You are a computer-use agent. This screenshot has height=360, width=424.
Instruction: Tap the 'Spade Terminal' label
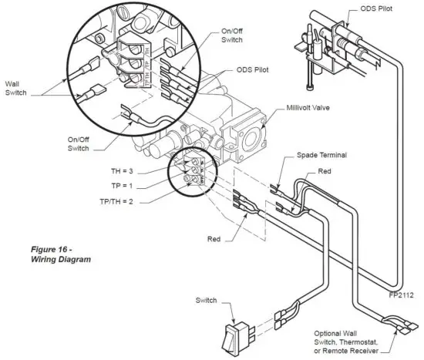pyautogui.click(x=321, y=155)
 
